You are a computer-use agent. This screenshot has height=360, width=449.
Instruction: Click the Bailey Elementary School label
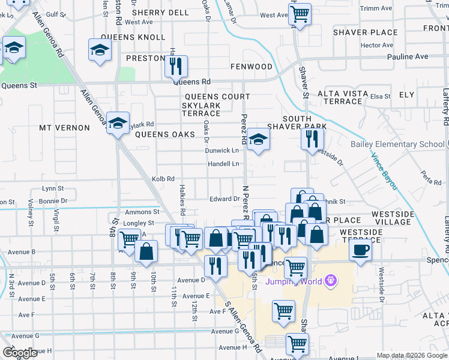pyautogui.click(x=397, y=144)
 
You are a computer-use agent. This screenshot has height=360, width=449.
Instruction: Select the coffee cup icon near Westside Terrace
pyautogui.click(x=360, y=250)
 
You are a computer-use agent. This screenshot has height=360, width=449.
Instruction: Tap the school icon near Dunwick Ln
pyautogui.click(x=258, y=140)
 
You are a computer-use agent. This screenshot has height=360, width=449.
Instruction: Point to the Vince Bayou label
pyautogui.click(x=384, y=172)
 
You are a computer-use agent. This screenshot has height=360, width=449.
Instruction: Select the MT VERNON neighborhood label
pyautogui.click(x=64, y=128)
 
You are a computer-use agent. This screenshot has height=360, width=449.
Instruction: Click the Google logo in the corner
pyautogui.click(x=20, y=352)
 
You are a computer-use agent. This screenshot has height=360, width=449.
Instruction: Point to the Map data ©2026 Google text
pyautogui.click(x=411, y=355)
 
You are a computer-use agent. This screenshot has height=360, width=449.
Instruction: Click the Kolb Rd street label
pyautogui.click(x=163, y=179)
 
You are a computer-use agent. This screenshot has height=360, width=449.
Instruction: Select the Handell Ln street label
pyautogui.click(x=223, y=164)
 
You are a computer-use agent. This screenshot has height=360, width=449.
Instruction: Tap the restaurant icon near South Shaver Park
pyautogui.click(x=311, y=139)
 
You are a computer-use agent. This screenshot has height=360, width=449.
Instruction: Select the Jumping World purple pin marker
pyautogui.click(x=330, y=280)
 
